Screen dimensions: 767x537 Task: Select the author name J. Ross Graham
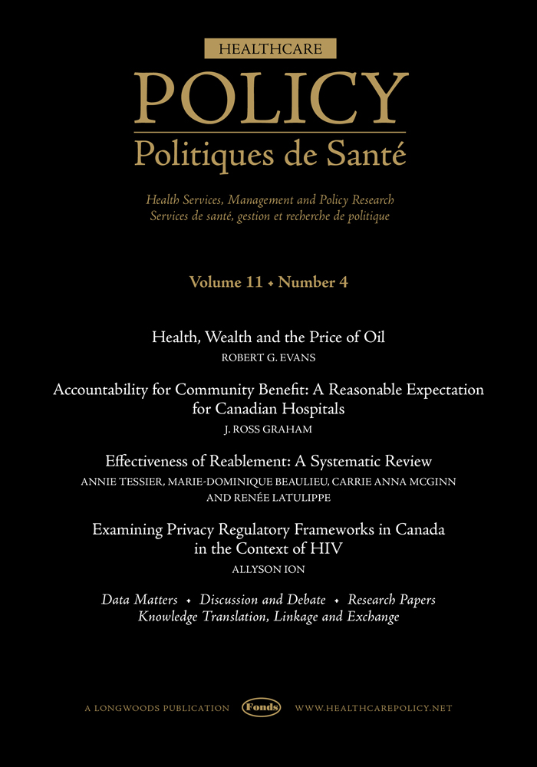pos(268,429)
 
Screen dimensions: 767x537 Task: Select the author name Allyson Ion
pos(268,568)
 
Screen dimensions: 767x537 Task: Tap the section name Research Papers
pos(392,599)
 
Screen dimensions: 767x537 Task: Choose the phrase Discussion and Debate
pos(262,599)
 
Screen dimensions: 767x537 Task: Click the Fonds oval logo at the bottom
pos(262,708)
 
